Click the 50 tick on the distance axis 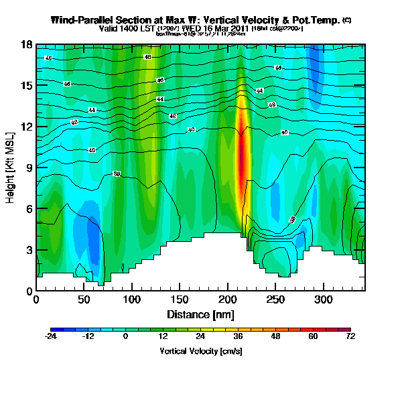[x=84, y=299]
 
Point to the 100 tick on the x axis [x=132, y=299]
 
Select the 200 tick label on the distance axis [x=228, y=299]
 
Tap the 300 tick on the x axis [x=324, y=299]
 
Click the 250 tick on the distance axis [x=276, y=299]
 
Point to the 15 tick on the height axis [x=25, y=86]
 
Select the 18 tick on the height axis [x=25, y=45]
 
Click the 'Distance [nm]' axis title [x=200, y=314]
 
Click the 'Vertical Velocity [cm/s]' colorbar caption [x=200, y=351]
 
